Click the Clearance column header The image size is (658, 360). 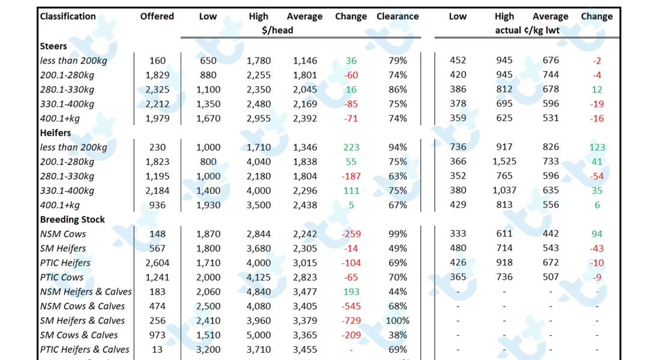pos(397,16)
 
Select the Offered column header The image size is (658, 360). pos(157,16)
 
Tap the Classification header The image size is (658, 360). pos(68,16)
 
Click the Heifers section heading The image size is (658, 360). pos(55,133)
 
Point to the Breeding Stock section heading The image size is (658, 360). pos(72,220)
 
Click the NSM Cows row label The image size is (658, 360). pos(63,234)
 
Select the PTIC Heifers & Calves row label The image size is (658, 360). pos(84,350)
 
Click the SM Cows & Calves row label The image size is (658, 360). pos(79,335)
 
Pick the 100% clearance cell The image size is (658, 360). pos(397,320)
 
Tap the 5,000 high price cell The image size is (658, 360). pos(259,335)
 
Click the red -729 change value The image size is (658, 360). pos(351,320)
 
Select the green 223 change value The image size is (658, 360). pos(351,147)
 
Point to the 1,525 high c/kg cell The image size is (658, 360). pos(504,161)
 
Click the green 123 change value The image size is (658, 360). pos(597,147)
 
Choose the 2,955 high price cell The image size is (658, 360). pos(259,118)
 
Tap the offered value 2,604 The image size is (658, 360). pos(157,263)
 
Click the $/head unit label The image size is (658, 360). pos(277,30)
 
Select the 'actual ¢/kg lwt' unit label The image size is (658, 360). pos(527,30)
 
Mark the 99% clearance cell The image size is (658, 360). pos(397,234)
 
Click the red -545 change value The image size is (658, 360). pos(351,306)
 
